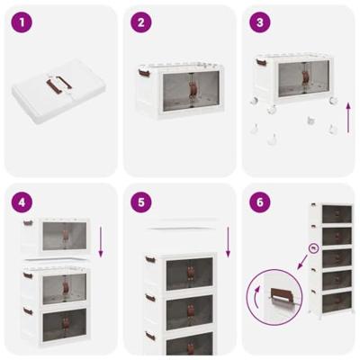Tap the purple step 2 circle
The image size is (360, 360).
(139, 22)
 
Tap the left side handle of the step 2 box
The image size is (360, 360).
(143, 71)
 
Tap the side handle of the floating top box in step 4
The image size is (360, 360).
(28, 223)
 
